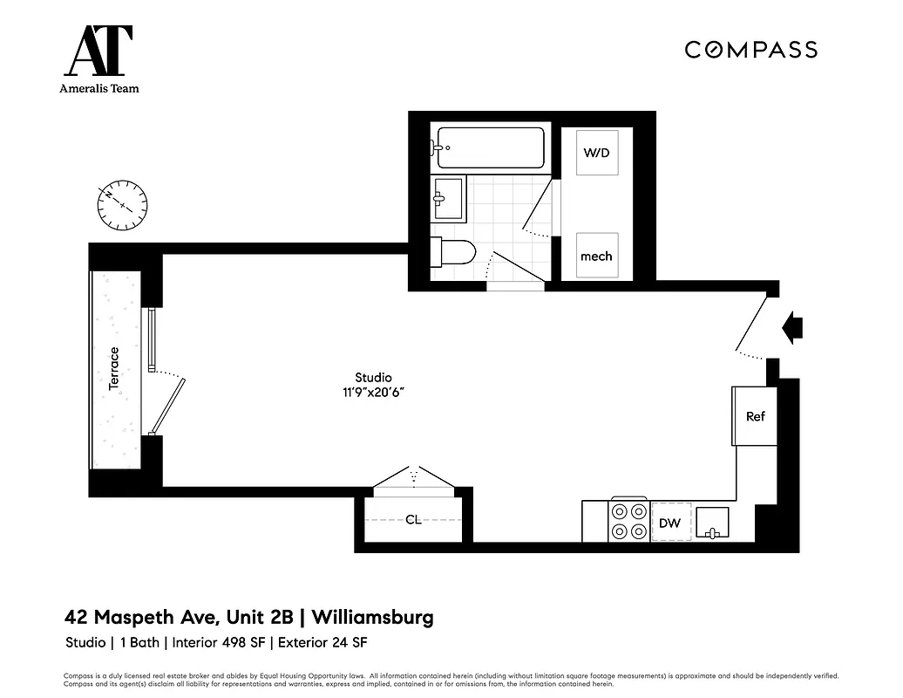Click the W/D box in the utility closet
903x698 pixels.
pos(596,154)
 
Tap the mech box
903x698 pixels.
pos(596,256)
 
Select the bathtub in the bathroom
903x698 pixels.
pos(491,148)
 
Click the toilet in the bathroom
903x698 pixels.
pos(455,252)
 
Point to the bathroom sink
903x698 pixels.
pos(450,198)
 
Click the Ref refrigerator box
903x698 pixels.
pos(755,416)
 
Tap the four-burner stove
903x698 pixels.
pos(629,522)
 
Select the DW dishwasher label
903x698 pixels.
pos(669,523)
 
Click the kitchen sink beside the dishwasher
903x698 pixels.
pos(712,523)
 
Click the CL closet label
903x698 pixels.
pos(413,520)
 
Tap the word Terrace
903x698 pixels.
pos(113,368)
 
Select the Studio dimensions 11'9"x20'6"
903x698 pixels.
pos(373,393)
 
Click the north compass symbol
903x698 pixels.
pos(122,206)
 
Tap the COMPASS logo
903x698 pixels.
pos(750,50)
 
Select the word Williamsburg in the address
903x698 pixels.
pos(373,618)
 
